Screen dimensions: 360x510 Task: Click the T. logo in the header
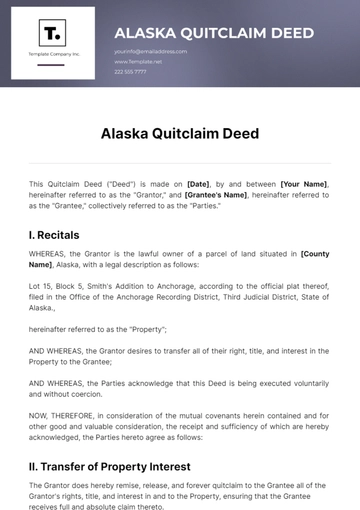point(52,33)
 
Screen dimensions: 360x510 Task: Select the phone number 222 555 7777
point(130,72)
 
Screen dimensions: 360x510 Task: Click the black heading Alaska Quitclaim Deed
point(180,132)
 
